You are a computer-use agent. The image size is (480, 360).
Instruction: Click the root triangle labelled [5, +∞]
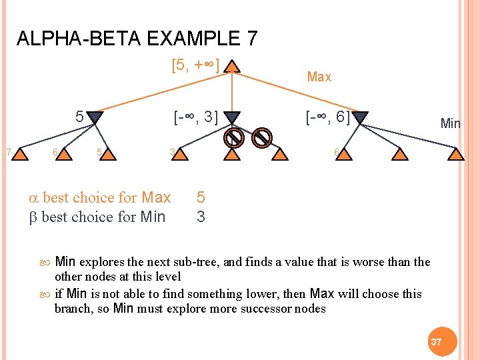[x=231, y=67]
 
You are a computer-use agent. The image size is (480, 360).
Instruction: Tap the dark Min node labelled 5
[x=95, y=118]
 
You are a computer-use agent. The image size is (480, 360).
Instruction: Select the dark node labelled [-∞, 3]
[x=231, y=118]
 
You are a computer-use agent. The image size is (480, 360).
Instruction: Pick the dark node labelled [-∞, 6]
[x=360, y=118]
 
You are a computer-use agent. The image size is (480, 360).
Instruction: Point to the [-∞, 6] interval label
[x=327, y=118]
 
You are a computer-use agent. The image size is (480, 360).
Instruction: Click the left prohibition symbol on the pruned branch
[x=233, y=138]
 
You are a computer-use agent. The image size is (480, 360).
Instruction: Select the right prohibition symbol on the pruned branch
[x=263, y=138]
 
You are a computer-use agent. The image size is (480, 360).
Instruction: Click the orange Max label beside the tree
[x=319, y=77]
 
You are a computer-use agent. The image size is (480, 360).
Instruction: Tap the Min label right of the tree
[x=450, y=123]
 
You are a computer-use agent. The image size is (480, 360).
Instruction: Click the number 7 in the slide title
[x=251, y=39]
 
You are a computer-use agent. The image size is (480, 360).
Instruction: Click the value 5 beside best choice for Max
[x=201, y=198]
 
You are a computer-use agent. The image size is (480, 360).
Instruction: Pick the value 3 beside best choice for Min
[x=201, y=217]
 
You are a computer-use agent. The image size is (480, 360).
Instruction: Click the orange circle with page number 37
[x=437, y=341]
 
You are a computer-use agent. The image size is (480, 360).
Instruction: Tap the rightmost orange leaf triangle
[x=455, y=155]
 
